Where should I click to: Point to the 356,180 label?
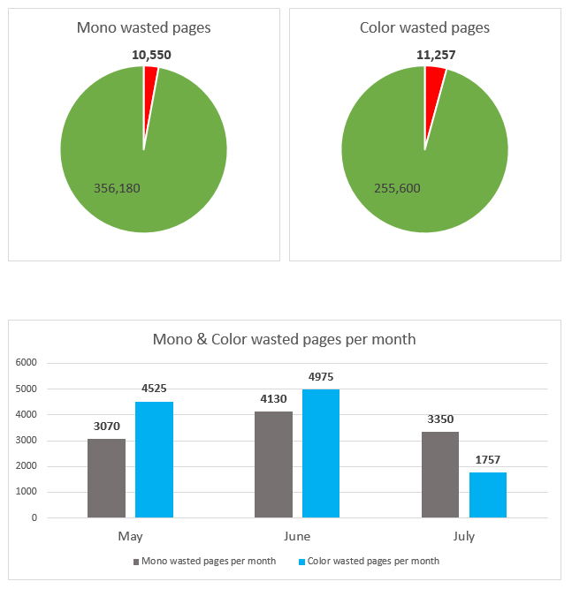[117, 187]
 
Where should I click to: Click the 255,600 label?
[398, 187]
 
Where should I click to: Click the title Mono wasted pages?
[144, 27]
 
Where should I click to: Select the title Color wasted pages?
[424, 27]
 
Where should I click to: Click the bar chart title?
[284, 339]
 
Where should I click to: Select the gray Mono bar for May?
[106, 478]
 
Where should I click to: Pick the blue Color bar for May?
[154, 459]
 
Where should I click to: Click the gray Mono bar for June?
[273, 464]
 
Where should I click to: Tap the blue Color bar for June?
[321, 453]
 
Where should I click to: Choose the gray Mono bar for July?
[440, 474]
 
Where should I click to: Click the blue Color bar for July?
[488, 495]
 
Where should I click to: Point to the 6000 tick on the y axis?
[26, 363]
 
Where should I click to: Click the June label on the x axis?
[297, 536]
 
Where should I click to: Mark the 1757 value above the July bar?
[488, 460]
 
